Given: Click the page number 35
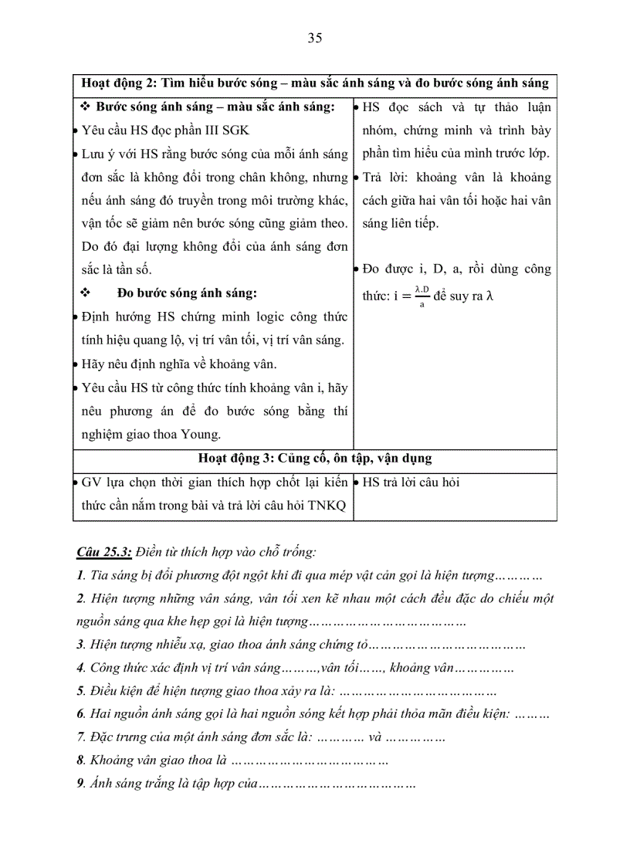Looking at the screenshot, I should (314, 39).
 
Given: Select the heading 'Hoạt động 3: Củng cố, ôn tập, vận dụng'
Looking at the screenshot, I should (314, 458).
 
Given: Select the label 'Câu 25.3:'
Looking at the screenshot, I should (103, 552).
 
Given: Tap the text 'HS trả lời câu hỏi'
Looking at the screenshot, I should (411, 483).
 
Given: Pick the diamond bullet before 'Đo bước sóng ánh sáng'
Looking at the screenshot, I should (86, 293).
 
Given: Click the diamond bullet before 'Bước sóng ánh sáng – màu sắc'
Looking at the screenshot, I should (86, 107).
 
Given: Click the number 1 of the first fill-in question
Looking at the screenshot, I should (80, 575).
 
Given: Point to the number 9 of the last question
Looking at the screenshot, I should (80, 783).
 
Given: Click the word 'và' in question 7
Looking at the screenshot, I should (375, 737).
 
